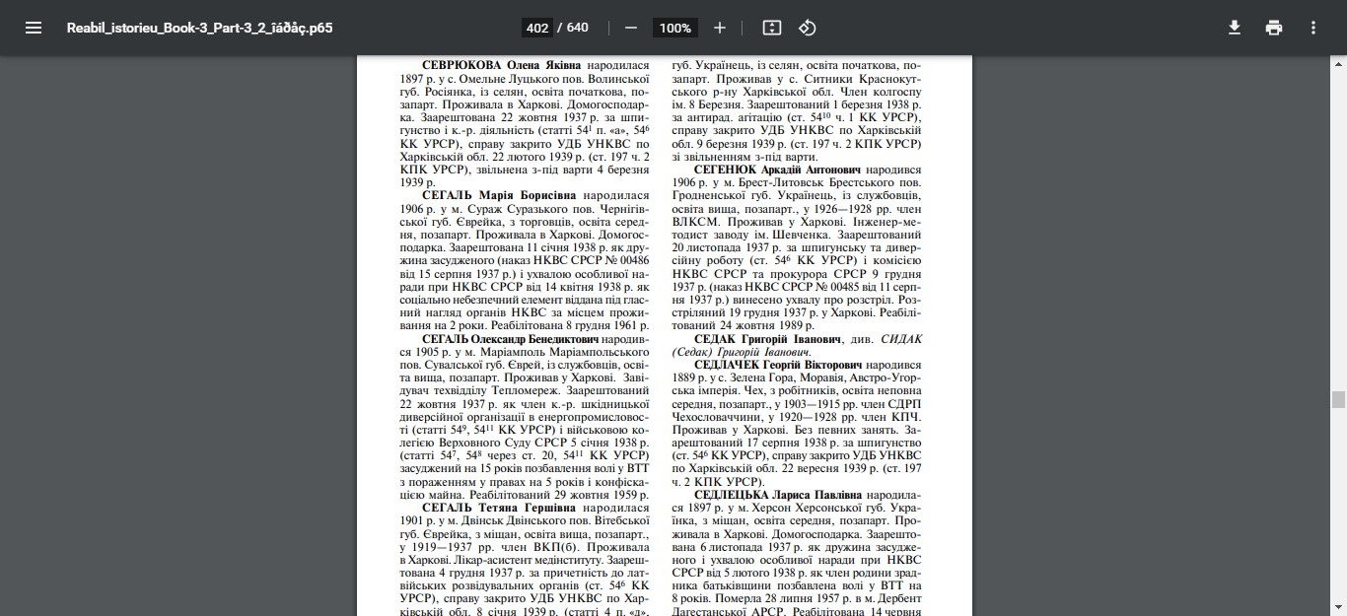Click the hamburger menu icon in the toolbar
click(34, 28)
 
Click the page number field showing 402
click(537, 28)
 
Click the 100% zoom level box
click(675, 28)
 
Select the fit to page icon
click(772, 28)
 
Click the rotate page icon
click(808, 28)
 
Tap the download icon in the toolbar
click(1234, 28)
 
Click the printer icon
click(1274, 28)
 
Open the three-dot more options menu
click(1313, 28)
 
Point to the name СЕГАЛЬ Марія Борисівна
click(500, 196)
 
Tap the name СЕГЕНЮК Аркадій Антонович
click(777, 170)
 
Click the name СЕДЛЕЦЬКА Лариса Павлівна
click(778, 495)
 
